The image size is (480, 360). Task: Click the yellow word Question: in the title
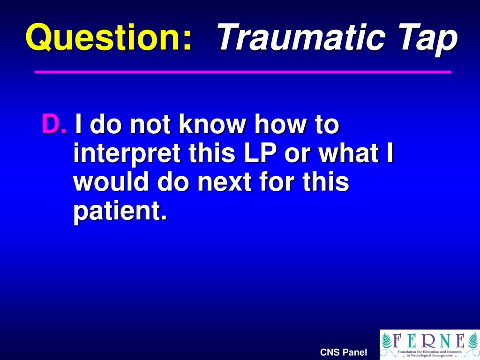click(x=109, y=37)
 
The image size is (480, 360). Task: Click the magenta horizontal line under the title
click(x=243, y=72)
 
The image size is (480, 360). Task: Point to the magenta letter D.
click(x=52, y=125)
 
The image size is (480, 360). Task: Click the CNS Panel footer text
click(x=343, y=352)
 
